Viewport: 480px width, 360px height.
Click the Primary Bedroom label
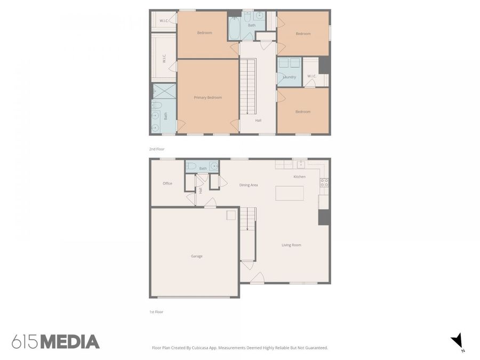pyautogui.click(x=207, y=98)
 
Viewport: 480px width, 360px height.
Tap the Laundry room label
pyautogui.click(x=289, y=77)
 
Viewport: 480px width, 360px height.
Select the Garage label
pyautogui.click(x=197, y=256)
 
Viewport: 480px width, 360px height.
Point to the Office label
pyautogui.click(x=167, y=183)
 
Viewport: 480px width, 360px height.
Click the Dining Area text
pyautogui.click(x=249, y=185)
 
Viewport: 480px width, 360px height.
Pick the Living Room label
pyautogui.click(x=291, y=245)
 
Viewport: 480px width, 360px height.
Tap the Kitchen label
pyautogui.click(x=299, y=177)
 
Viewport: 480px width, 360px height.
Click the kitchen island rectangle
pyautogui.click(x=290, y=193)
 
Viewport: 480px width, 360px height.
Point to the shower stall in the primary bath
pyautogui.click(x=164, y=91)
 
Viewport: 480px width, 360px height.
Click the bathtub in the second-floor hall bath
pyautogui.click(x=234, y=28)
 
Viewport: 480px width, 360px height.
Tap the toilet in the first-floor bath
pyautogui.click(x=191, y=166)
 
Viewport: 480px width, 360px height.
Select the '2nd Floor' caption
pyautogui.click(x=156, y=149)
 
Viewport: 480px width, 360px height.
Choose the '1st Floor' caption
pyautogui.click(x=156, y=311)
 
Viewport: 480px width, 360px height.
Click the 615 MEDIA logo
pyautogui.click(x=55, y=342)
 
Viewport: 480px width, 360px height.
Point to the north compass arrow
pyautogui.click(x=457, y=340)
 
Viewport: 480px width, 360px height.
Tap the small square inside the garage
pyautogui.click(x=231, y=215)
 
